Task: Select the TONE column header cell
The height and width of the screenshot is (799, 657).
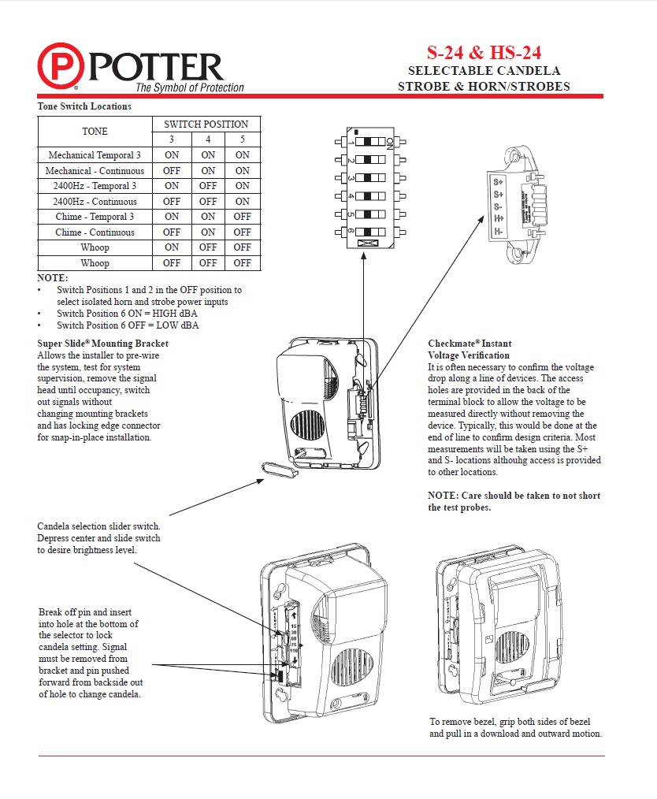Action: (x=95, y=132)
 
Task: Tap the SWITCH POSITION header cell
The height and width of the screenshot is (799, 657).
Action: (x=206, y=124)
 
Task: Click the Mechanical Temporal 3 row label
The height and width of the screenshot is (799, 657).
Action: (x=95, y=155)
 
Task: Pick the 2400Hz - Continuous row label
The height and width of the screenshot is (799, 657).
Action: (x=95, y=202)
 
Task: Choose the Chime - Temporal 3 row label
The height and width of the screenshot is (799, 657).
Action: (x=95, y=217)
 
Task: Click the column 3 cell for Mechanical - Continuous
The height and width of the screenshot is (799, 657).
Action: (x=171, y=171)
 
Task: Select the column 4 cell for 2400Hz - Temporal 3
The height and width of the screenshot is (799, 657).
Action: (x=208, y=186)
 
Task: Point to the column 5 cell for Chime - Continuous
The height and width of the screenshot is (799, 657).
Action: (x=242, y=232)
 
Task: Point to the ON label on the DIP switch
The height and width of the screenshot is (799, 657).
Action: (x=389, y=143)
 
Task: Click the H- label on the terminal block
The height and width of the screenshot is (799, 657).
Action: (x=499, y=231)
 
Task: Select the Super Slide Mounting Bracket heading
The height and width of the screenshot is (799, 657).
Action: (x=102, y=344)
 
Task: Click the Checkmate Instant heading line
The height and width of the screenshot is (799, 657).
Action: (x=470, y=344)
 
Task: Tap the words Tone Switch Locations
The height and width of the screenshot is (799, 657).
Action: (x=84, y=106)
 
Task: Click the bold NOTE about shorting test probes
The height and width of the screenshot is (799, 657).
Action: (x=514, y=501)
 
